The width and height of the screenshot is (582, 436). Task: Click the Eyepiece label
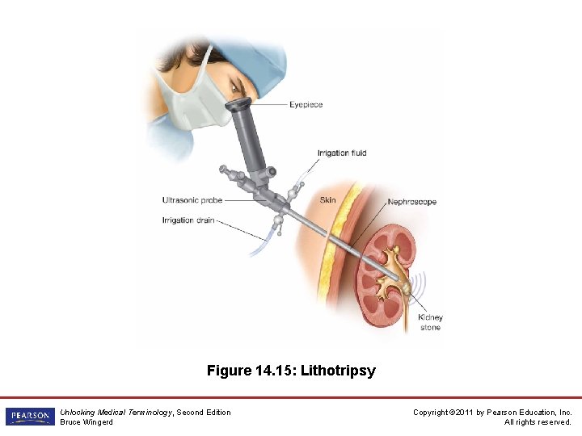306,105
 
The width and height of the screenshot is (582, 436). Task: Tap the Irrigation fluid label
341,153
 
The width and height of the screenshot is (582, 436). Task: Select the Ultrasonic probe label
192,200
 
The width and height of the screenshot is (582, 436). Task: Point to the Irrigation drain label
188,220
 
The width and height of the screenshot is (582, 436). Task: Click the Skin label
328,200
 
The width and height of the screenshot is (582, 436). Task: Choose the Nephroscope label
412,202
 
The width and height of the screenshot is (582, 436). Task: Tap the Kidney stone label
430,322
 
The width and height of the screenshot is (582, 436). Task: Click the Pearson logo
29,417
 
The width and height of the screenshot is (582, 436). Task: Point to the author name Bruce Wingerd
86,422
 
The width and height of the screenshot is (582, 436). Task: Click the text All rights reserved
538,422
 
